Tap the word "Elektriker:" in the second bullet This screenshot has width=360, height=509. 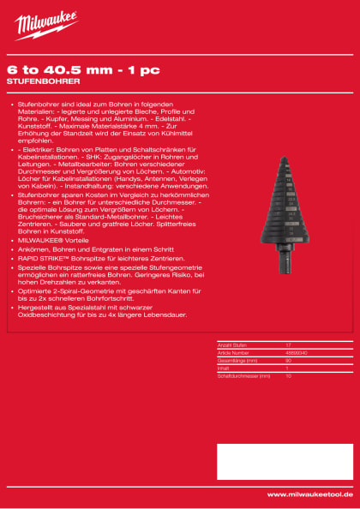(38, 150)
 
